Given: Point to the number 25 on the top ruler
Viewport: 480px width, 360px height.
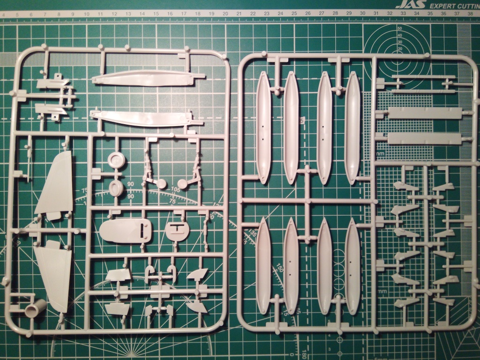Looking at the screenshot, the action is pyautogui.click(x=293, y=14).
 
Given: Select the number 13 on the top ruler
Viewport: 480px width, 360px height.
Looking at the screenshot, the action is pyautogui.click(x=128, y=14).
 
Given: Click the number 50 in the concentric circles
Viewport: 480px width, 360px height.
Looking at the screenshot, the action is pyautogui.click(x=399, y=29).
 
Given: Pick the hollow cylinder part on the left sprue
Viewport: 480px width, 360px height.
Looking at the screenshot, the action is pyautogui.click(x=36, y=308).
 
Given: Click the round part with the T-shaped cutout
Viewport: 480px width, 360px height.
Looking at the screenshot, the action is pyautogui.click(x=176, y=230).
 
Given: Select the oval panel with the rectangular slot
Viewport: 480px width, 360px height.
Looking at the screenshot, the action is pyautogui.click(x=125, y=231).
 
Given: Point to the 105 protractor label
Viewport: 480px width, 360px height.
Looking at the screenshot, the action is pyautogui.click(x=176, y=190).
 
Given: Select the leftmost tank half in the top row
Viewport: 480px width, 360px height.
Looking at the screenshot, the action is pyautogui.click(x=263, y=127).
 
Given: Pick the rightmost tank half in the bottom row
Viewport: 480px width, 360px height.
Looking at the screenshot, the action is pyautogui.click(x=352, y=266).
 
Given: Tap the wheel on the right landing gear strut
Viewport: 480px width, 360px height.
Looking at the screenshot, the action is pyautogui.click(x=183, y=184).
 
